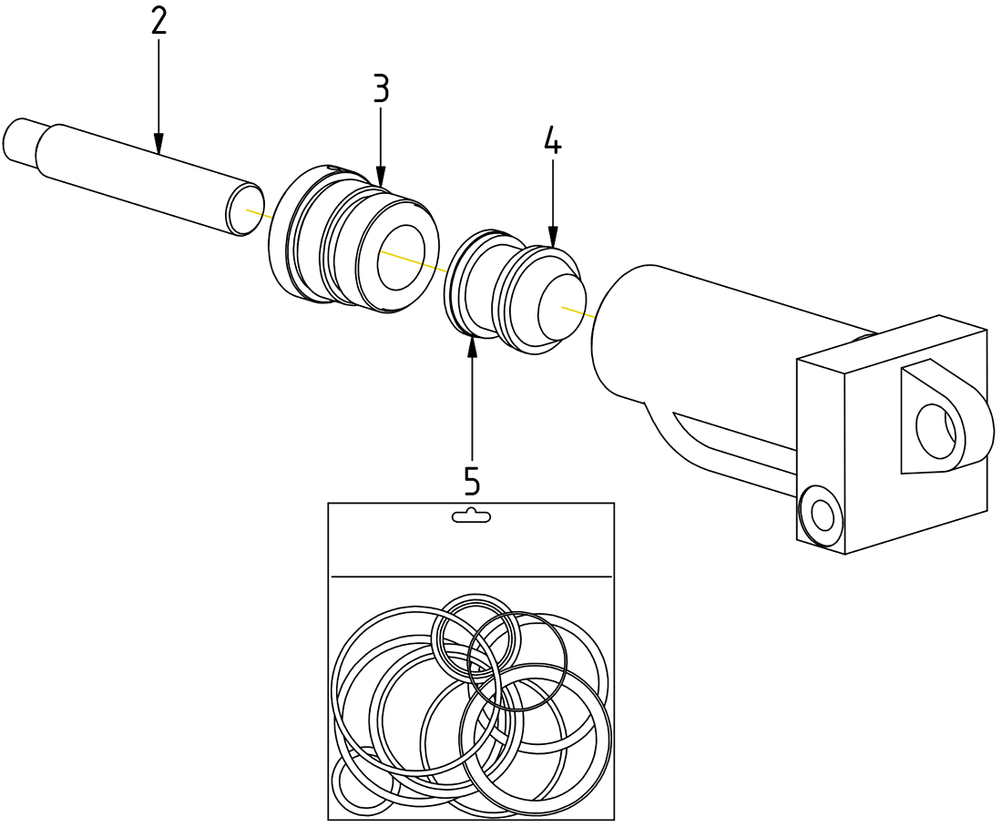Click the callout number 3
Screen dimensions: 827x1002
coord(381,88)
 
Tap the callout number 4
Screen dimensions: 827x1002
coord(553,141)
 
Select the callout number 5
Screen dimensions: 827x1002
coord(472,479)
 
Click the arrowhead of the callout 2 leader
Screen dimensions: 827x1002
coord(158,145)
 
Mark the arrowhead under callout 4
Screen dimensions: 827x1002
coord(553,240)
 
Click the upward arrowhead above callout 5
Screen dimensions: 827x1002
coord(472,344)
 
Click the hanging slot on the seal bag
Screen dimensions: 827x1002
coord(471,516)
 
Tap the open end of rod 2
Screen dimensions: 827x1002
coord(244,209)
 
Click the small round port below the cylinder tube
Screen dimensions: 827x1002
coord(821,516)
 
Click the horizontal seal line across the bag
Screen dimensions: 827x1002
coord(471,577)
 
